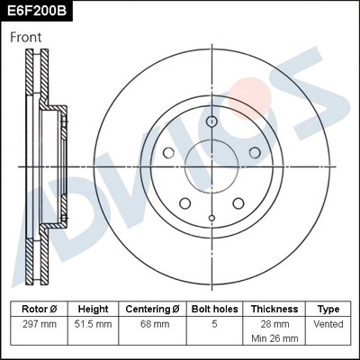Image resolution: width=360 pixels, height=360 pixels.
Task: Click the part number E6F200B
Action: [x=36, y=11]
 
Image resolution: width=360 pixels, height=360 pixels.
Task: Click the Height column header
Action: [x=94, y=309]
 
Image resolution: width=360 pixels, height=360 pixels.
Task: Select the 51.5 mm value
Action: [x=94, y=323]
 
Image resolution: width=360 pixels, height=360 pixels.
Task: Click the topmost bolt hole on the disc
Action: [x=211, y=123]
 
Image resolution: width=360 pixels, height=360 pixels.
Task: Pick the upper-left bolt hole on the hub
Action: [x=168, y=154]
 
